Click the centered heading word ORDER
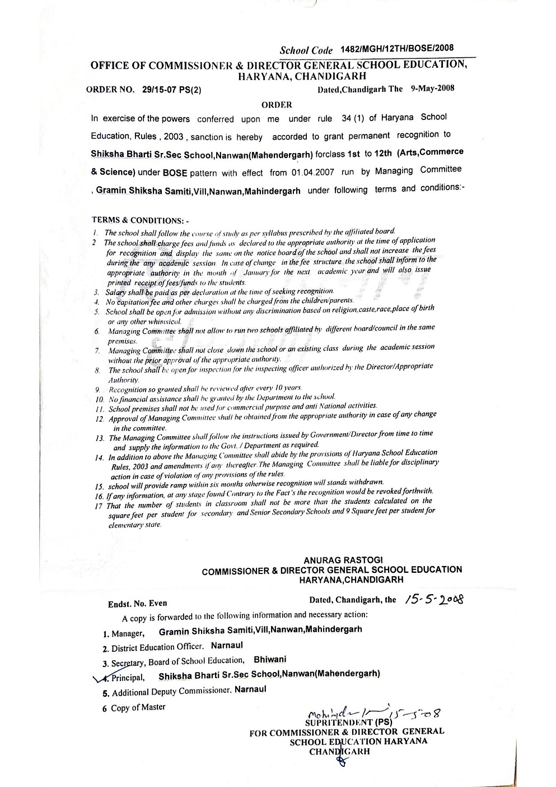click(277, 104)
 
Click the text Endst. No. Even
click(137, 604)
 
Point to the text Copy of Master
click(138, 707)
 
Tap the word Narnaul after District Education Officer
click(226, 645)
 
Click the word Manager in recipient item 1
click(128, 634)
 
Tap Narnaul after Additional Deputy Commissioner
click(250, 689)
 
